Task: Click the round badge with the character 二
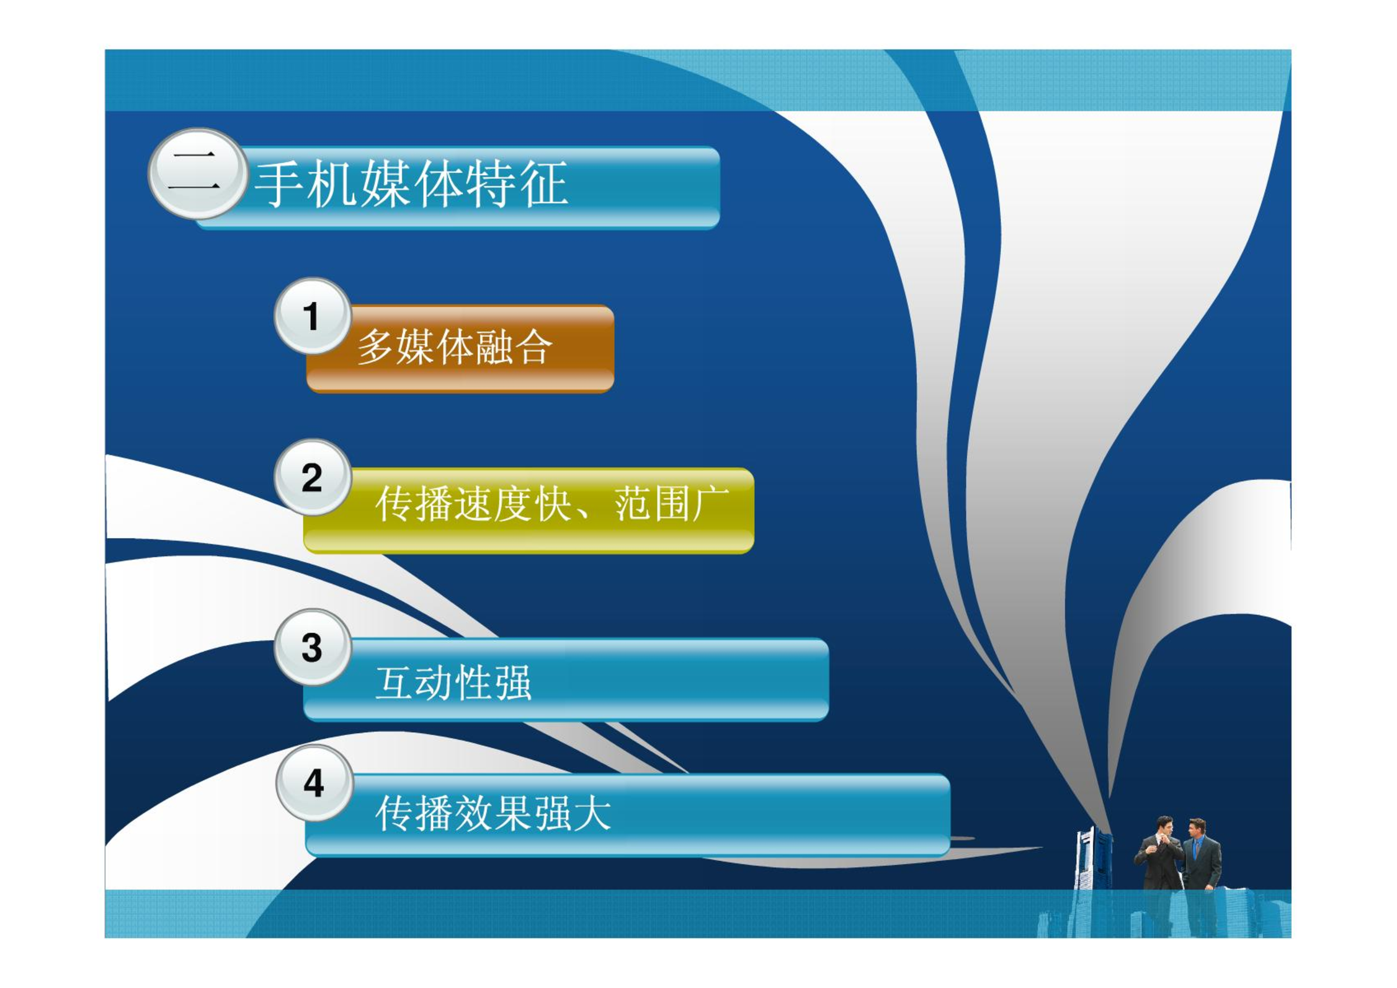pos(197,174)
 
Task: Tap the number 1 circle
pos(313,315)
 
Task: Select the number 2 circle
pos(313,477)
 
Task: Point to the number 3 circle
pos(313,647)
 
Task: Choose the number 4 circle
pos(315,783)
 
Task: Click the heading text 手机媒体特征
pos(411,183)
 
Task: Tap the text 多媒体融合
pos(455,347)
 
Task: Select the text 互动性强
pos(453,682)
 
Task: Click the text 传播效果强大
pos(493,813)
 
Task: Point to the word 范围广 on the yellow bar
pos(672,504)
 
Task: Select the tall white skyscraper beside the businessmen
pos(1093,859)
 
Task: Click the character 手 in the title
pos(280,183)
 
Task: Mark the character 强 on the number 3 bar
pos(513,682)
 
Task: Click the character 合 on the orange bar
pos(533,347)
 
